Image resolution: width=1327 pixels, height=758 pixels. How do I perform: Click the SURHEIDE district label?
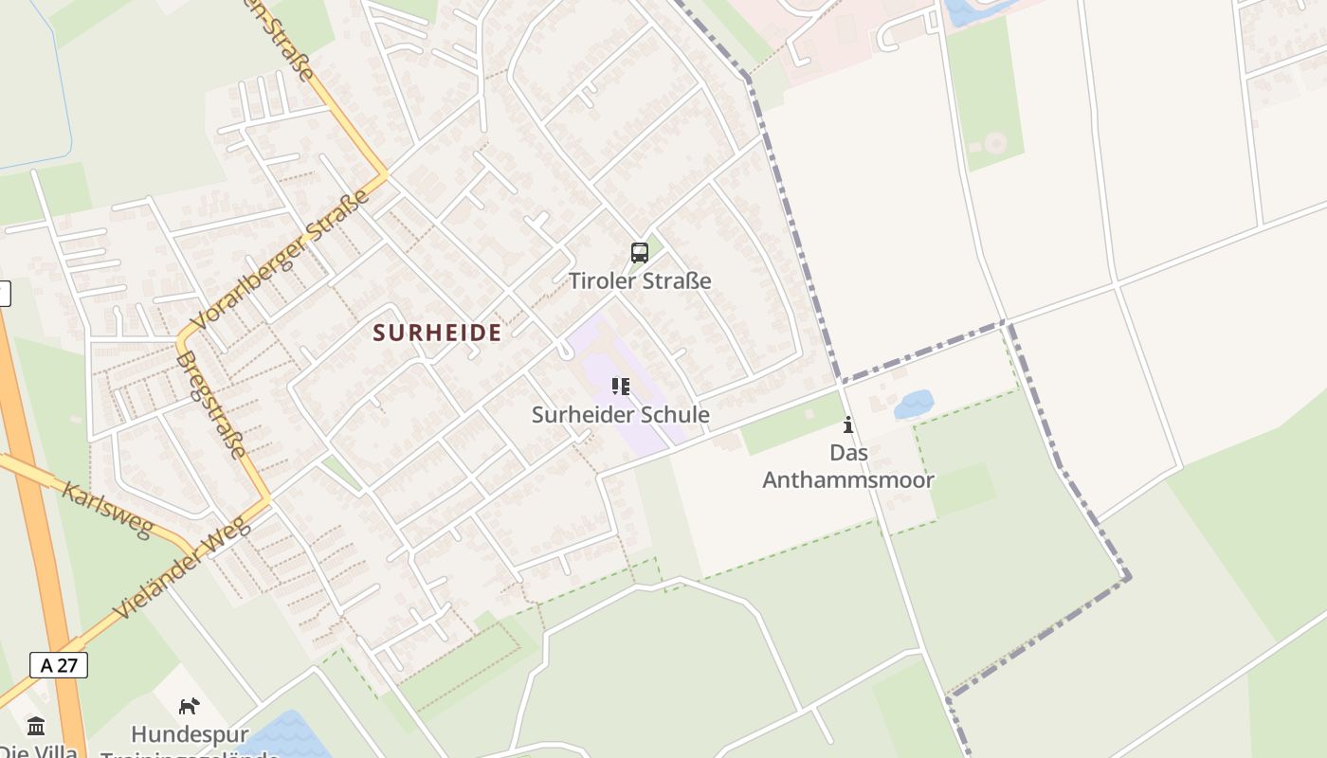coord(437,333)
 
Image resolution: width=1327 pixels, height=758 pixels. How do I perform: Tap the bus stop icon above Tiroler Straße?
coord(640,253)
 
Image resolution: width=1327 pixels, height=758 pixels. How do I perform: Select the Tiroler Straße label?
coord(640,280)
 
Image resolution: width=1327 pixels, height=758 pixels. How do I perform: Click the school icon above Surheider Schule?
coord(621,387)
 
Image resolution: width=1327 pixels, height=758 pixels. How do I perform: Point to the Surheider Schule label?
coord(621,415)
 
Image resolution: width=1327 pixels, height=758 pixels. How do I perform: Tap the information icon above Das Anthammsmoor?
coord(848,424)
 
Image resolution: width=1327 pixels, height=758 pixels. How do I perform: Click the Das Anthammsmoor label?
coord(848,466)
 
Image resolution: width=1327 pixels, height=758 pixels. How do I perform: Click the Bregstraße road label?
coord(211,406)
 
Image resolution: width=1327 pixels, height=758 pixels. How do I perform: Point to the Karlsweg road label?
coord(106,509)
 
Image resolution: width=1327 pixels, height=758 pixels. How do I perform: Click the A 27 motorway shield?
coord(59,665)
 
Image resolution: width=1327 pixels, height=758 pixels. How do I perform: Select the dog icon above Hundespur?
coord(190,706)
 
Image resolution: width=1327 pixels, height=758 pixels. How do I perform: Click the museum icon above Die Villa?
coord(36,727)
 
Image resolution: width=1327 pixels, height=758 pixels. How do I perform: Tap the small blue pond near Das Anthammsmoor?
coord(914,405)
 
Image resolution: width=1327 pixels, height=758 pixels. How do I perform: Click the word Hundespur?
coord(190,734)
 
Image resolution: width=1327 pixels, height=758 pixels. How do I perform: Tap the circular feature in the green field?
coord(995,143)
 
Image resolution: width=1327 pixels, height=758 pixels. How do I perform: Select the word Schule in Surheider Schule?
coord(673,415)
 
